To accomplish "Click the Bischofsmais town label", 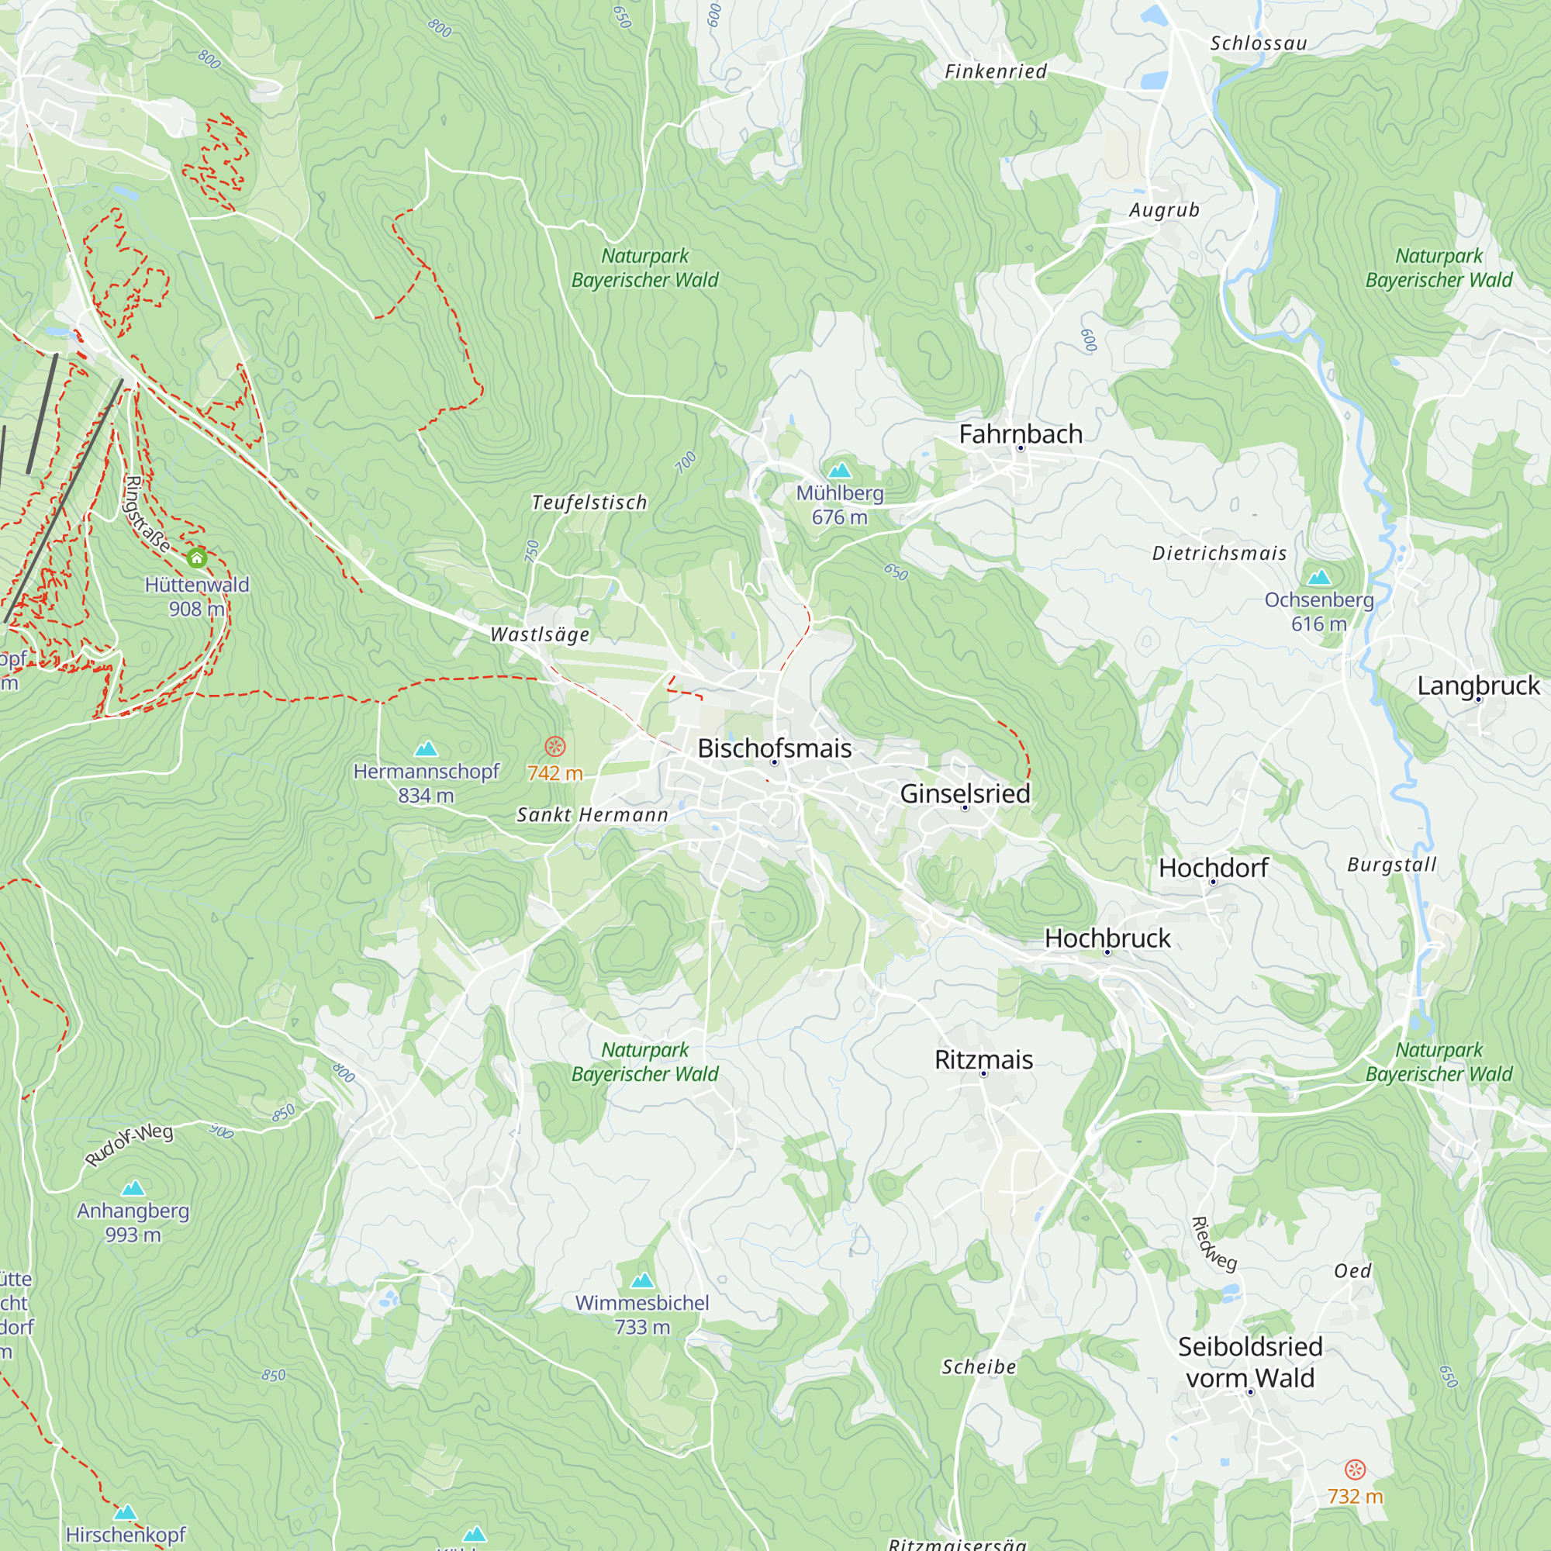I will tap(774, 748).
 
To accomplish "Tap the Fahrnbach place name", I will tap(1021, 434).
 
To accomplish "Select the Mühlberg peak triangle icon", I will tap(840, 470).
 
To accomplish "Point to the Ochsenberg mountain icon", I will tap(1319, 577).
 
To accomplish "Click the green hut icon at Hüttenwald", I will tap(197, 558).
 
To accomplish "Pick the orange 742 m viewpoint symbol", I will tap(554, 747).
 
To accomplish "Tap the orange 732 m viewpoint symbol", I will tap(1355, 1470).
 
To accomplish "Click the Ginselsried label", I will tap(965, 793).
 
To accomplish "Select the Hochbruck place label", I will tap(1107, 938).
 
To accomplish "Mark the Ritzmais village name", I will tap(983, 1059).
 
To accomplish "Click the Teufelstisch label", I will tap(589, 503).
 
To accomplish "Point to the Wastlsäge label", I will tap(541, 634).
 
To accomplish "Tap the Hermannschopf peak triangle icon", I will tap(427, 749).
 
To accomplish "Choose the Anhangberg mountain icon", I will tap(133, 1188).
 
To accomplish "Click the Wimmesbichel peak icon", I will tap(642, 1280).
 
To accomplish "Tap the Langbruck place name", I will tap(1478, 686).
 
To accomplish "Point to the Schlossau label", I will tap(1259, 43).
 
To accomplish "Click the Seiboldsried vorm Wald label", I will tap(1250, 1363).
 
